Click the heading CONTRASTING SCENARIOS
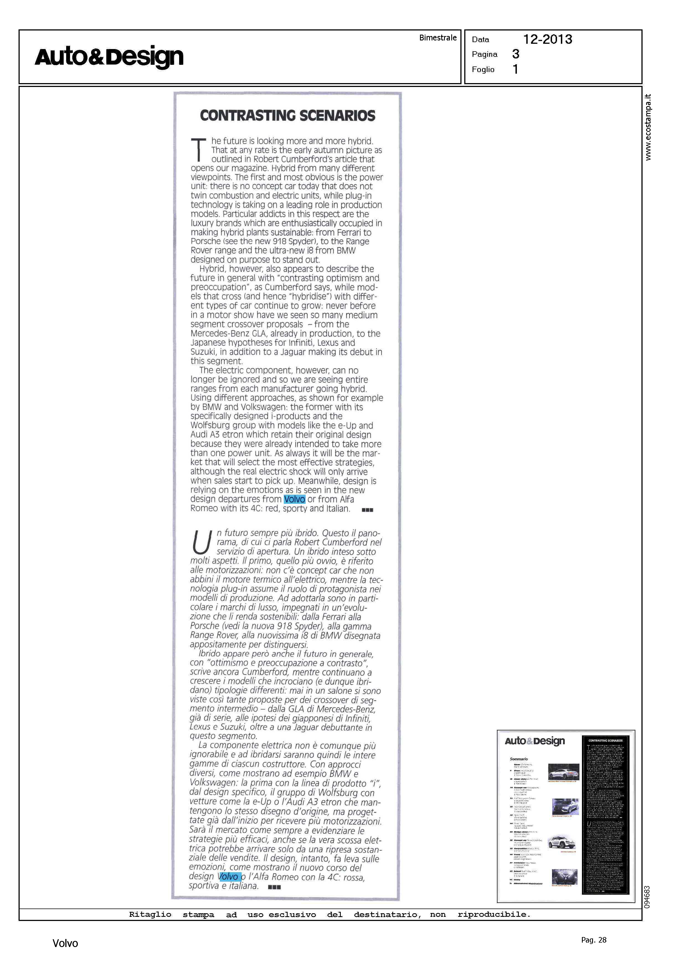(288, 116)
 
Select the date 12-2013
(547, 40)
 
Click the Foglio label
(483, 69)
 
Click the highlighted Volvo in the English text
(295, 499)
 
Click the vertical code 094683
(647, 897)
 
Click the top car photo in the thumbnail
(564, 772)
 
